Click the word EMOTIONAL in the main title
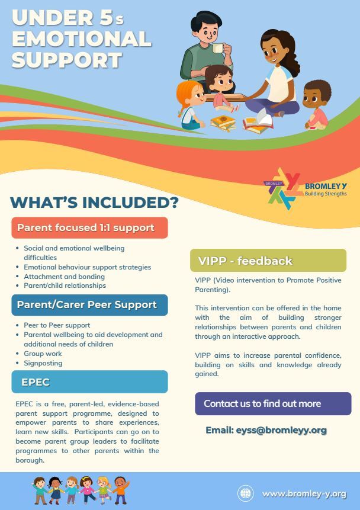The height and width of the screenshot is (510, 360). tap(82, 39)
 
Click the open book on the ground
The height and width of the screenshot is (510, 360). tap(258, 124)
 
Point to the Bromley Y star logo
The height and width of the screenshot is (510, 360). tap(282, 188)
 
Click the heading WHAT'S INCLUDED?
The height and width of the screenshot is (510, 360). tap(94, 203)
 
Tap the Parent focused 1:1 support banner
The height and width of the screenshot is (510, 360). tap(89, 227)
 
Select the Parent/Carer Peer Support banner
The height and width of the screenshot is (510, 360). tap(89, 305)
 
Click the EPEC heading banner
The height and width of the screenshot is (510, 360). tap(89, 382)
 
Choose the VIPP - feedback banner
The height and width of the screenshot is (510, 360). tap(268, 261)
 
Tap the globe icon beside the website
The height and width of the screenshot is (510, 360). tap(246, 493)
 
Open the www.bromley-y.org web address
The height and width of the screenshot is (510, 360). tap(304, 494)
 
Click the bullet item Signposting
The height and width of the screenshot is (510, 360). tap(43, 363)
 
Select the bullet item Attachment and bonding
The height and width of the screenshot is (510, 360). tap(64, 277)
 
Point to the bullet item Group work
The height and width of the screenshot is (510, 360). tap(43, 354)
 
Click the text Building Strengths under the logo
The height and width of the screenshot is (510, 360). tap(326, 194)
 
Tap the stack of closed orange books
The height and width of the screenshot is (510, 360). tap(223, 123)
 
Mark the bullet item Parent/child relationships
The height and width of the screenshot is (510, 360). tap(65, 286)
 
